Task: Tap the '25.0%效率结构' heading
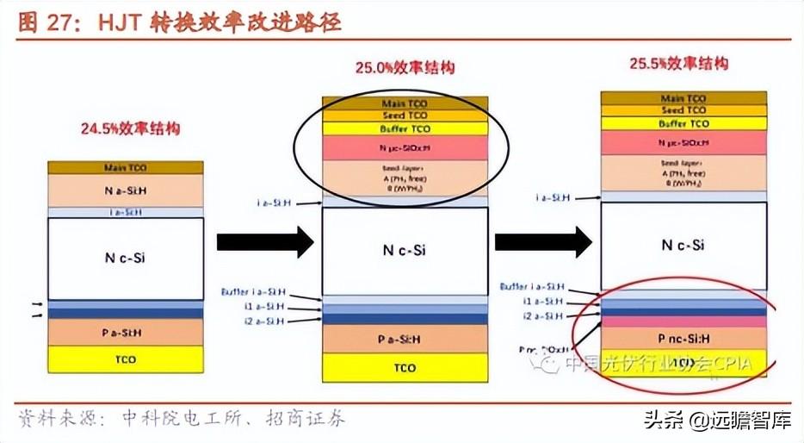click(x=405, y=67)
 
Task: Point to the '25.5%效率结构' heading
click(x=678, y=63)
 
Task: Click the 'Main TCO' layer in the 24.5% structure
click(x=126, y=167)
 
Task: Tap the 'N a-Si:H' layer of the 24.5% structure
click(x=126, y=190)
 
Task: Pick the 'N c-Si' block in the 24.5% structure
click(x=126, y=257)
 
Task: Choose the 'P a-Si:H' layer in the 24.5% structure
click(x=126, y=331)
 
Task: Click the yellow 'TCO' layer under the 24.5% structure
click(x=126, y=359)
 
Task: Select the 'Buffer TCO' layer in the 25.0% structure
click(x=404, y=128)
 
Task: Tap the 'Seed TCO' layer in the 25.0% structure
click(x=404, y=115)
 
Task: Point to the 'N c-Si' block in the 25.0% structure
click(x=404, y=251)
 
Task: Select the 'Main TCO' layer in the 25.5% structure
click(x=683, y=97)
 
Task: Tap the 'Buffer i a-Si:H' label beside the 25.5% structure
click(x=532, y=287)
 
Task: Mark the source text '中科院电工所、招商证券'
click(x=225, y=419)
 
